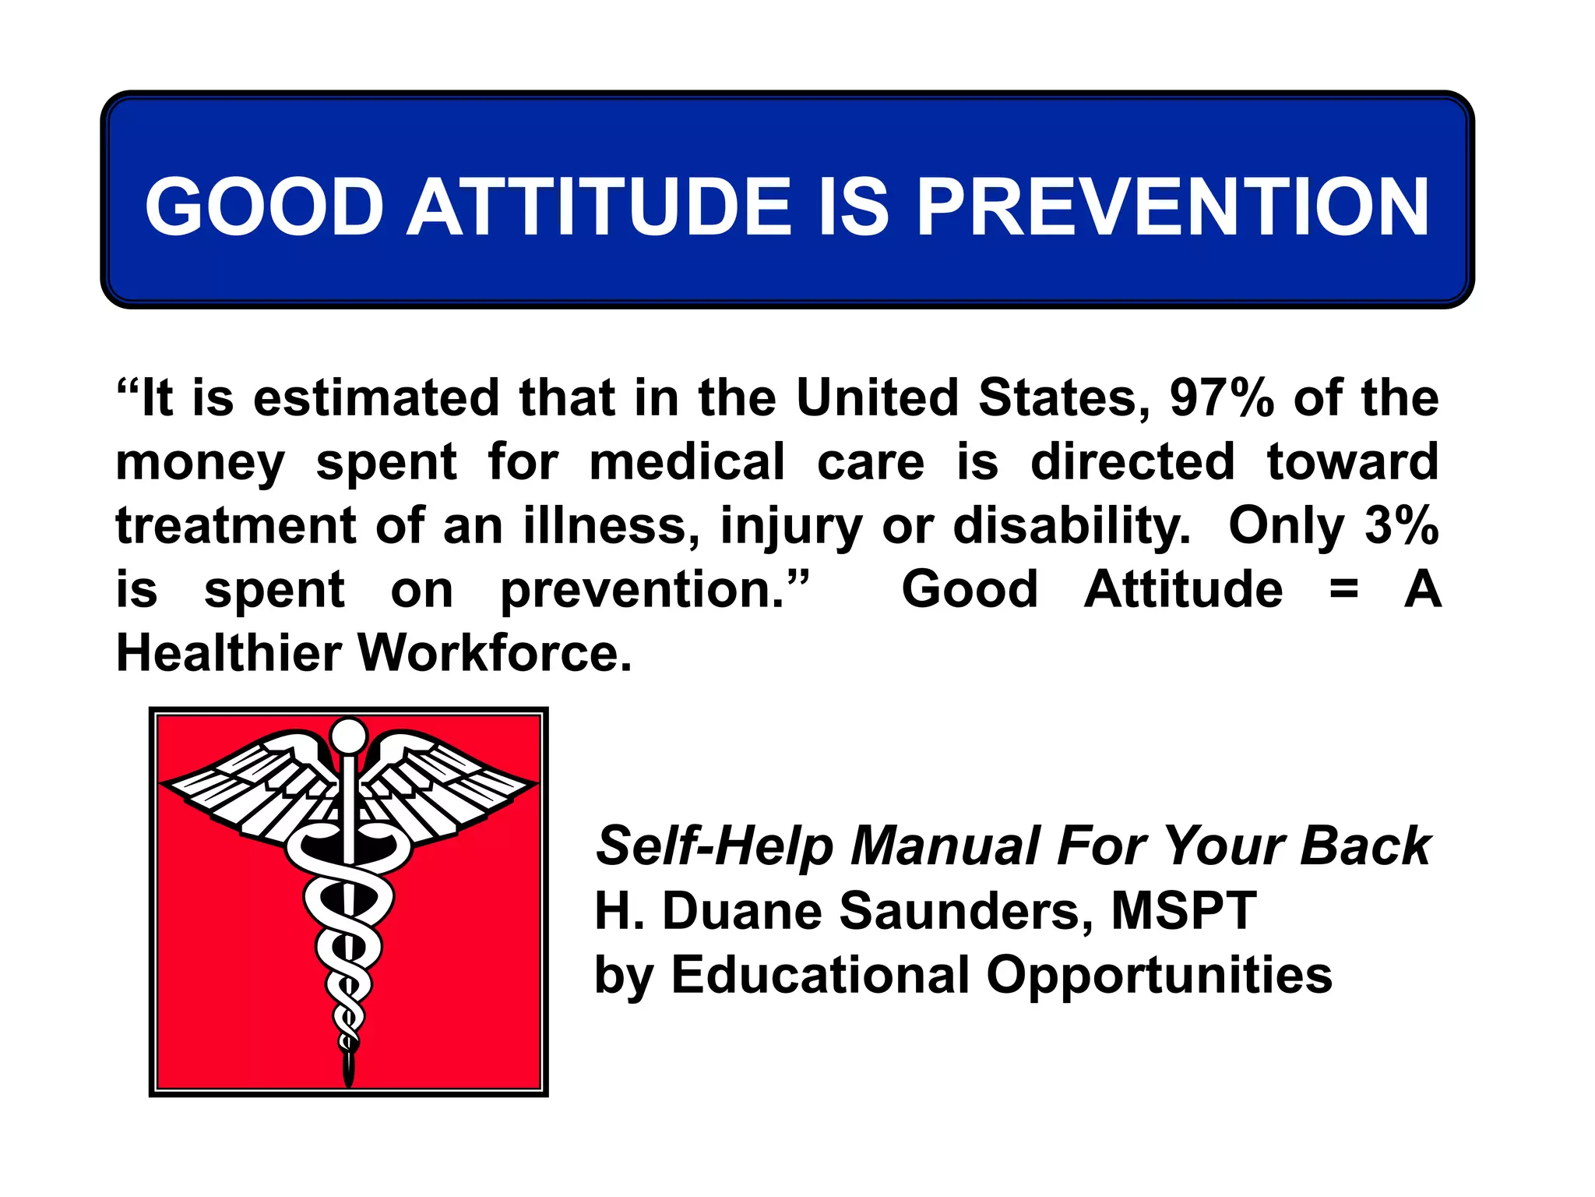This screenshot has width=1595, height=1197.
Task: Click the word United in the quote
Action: [x=877, y=397]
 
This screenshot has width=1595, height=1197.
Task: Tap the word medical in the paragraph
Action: [x=687, y=461]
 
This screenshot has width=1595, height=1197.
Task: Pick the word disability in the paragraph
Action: [x=1072, y=527]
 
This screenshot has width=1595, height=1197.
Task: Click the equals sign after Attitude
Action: [x=1343, y=590]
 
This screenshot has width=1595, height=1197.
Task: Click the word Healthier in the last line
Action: [x=228, y=653]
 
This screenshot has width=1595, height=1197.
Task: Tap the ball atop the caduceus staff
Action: [x=348, y=735]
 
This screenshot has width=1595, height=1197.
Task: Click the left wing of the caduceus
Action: [x=249, y=787]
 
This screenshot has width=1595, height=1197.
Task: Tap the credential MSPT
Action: [x=1183, y=910]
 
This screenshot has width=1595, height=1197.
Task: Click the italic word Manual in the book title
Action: [x=945, y=846]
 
